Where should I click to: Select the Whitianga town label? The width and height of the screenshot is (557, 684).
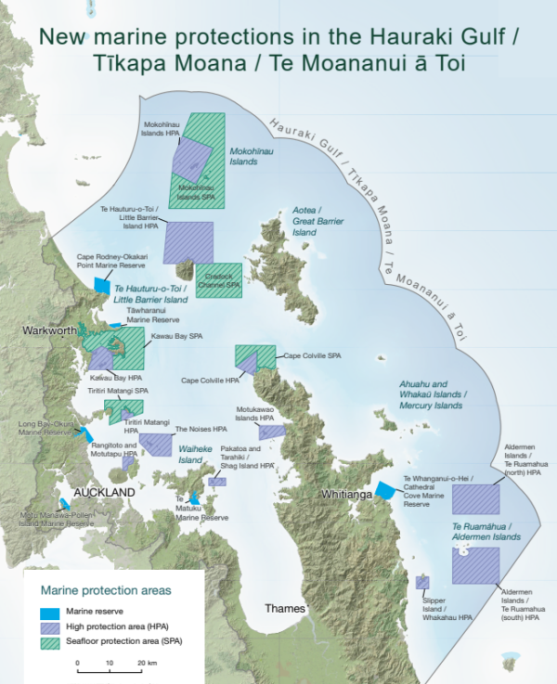tap(346, 495)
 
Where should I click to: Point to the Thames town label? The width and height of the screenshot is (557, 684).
tap(285, 609)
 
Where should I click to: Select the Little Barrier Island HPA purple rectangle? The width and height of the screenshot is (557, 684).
tap(188, 242)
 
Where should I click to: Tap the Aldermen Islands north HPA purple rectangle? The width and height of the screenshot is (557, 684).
tap(475, 497)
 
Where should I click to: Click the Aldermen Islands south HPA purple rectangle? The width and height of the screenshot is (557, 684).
tap(475, 566)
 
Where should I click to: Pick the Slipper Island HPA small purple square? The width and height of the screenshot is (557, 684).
tap(422, 582)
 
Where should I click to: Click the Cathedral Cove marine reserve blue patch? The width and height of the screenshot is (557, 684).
tap(385, 491)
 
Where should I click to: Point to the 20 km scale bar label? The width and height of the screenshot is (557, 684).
tap(146, 663)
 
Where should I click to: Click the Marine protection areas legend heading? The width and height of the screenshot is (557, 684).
tap(105, 589)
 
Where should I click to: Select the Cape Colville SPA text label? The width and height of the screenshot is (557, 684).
tap(313, 355)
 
